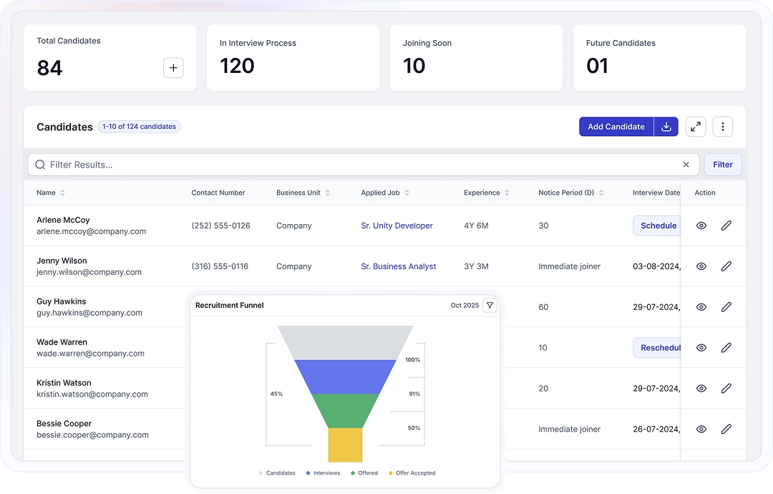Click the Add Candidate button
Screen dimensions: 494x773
coord(616,127)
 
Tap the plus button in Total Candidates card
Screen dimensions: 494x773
coord(173,68)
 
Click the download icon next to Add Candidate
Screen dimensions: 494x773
coord(666,127)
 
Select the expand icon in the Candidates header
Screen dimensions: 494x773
coord(695,127)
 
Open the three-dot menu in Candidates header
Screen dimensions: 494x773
coord(723,127)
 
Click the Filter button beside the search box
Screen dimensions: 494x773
coord(723,165)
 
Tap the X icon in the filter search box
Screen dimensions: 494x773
coord(686,165)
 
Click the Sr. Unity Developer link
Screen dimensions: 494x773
coord(397,226)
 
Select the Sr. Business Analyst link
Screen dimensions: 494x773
coord(398,266)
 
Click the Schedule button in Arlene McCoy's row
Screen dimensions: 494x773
coord(658,226)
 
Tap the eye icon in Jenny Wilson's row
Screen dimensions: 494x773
coord(701,266)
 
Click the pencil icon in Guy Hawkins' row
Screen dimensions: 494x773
coord(726,307)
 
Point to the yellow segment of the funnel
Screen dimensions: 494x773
coord(345,445)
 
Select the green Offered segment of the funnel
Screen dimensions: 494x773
coord(346,410)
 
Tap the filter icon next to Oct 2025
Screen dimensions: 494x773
coord(490,306)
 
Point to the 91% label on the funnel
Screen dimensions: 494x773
coord(414,394)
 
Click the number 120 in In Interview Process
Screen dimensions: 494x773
coord(237,66)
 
